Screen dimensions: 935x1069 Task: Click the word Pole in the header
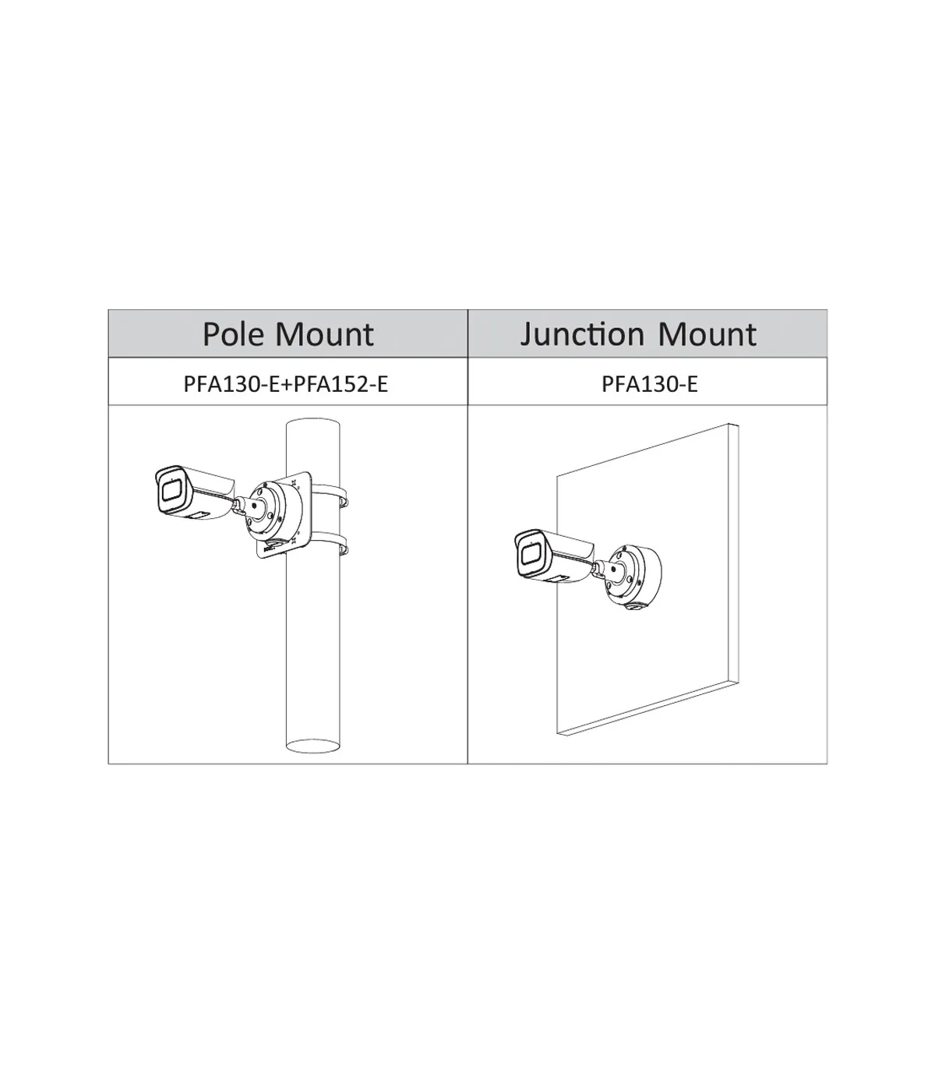tap(235, 333)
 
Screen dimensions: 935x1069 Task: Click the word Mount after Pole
tap(325, 333)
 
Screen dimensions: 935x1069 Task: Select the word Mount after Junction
tap(707, 333)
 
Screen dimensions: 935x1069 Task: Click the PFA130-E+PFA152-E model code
tap(286, 383)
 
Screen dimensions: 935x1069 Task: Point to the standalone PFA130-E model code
tap(649, 383)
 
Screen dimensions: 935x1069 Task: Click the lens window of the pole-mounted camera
tap(171, 491)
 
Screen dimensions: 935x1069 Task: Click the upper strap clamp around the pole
tap(330, 493)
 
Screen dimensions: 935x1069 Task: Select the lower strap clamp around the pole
tap(331, 540)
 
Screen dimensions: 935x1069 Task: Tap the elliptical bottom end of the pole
tap(313, 746)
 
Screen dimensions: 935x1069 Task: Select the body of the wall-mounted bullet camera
tap(555, 556)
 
